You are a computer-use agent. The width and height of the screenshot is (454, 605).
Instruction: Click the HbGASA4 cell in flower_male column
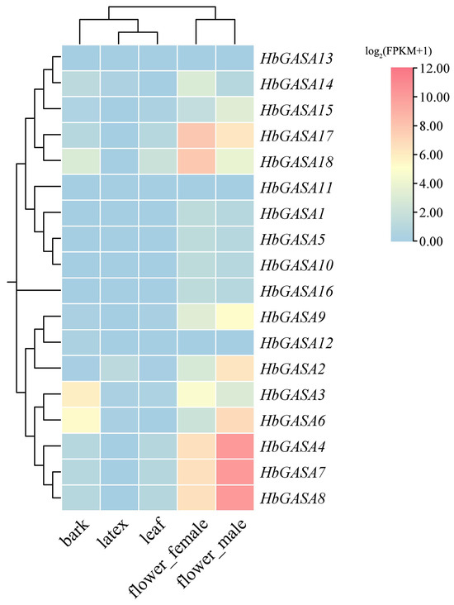[x=235, y=447]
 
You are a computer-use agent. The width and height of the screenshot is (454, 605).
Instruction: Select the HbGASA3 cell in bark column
[x=80, y=395]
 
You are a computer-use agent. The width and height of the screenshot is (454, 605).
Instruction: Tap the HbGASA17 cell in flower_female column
[x=196, y=136]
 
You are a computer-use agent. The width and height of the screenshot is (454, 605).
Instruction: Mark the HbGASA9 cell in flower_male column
[x=235, y=317]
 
